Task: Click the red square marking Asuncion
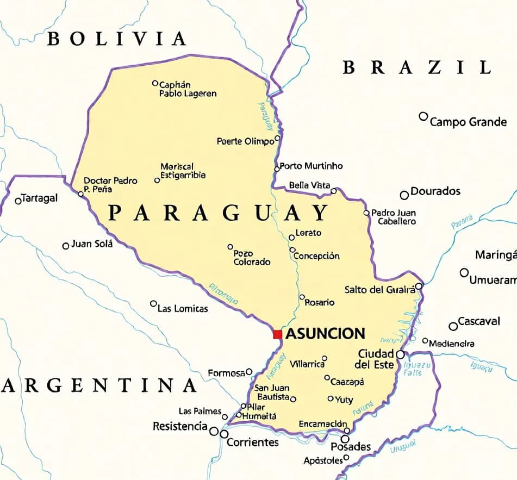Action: pyautogui.click(x=277, y=334)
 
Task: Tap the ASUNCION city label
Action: pyautogui.click(x=325, y=334)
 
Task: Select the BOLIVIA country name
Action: pyautogui.click(x=117, y=39)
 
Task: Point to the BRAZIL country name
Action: pyautogui.click(x=417, y=67)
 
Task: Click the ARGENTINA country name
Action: pyautogui.click(x=99, y=385)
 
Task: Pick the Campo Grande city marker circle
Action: pyautogui.click(x=423, y=116)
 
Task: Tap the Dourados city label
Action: pyautogui.click(x=435, y=191)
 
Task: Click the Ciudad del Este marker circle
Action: pyautogui.click(x=400, y=354)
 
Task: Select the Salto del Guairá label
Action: pyautogui.click(x=380, y=290)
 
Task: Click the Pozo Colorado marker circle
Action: pyautogui.click(x=231, y=247)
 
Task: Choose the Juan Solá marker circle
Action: pyautogui.click(x=66, y=246)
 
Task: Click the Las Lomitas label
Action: pyautogui.click(x=183, y=309)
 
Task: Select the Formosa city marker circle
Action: pyautogui.click(x=249, y=372)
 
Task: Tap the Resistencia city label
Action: pyautogui.click(x=180, y=426)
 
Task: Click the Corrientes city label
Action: pyautogui.click(x=253, y=442)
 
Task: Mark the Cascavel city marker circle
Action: pyautogui.click(x=453, y=326)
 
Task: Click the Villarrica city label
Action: pyautogui.click(x=307, y=364)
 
